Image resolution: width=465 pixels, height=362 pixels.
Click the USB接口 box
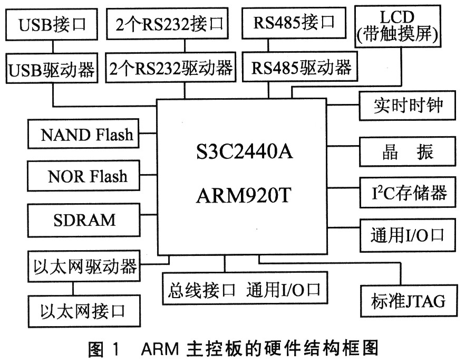pyautogui.click(x=51, y=24)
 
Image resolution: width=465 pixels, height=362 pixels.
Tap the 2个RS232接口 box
pyautogui.click(x=169, y=23)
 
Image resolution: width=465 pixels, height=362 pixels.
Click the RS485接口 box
pyautogui.click(x=294, y=22)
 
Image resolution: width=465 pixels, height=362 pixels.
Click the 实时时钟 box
pyautogui.click(x=406, y=106)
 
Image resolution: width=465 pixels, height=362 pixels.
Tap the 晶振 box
pyautogui.click(x=406, y=151)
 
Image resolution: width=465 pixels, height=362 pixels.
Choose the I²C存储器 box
pyautogui.click(x=406, y=193)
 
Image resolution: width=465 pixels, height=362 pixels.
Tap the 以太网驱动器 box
pyautogui.click(x=84, y=265)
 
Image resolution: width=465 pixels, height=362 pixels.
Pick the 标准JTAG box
pyautogui.click(x=408, y=301)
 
